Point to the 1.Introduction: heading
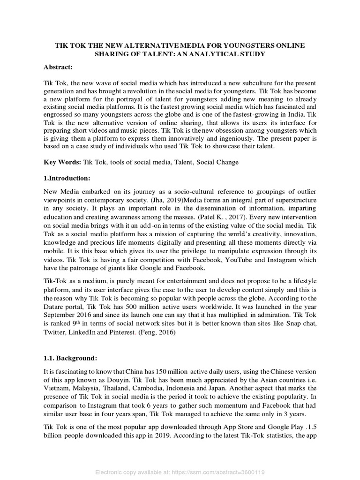point(68,178)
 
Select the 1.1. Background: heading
point(70,358)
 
